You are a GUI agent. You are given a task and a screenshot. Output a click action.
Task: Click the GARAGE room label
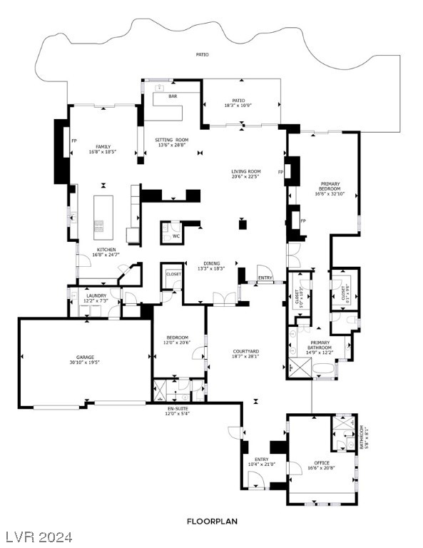[86, 357]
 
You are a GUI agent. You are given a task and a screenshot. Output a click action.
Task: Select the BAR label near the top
[173, 96]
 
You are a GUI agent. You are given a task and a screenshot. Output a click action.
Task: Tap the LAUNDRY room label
[96, 295]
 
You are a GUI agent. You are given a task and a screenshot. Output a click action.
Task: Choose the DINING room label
[211, 263]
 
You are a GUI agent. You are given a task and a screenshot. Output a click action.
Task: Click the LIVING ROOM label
[245, 171]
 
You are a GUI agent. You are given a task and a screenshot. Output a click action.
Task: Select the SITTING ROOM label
[171, 140]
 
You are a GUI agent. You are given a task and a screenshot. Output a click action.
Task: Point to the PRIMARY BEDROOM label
[330, 186]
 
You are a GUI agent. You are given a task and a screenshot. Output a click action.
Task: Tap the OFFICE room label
[321, 462]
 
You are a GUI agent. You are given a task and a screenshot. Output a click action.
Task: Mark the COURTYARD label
[245, 351]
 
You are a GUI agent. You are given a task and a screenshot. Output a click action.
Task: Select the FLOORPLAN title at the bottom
[213, 522]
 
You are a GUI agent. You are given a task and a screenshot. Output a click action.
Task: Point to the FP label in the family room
[73, 141]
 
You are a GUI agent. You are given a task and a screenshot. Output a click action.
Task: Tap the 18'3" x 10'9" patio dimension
[239, 106]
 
